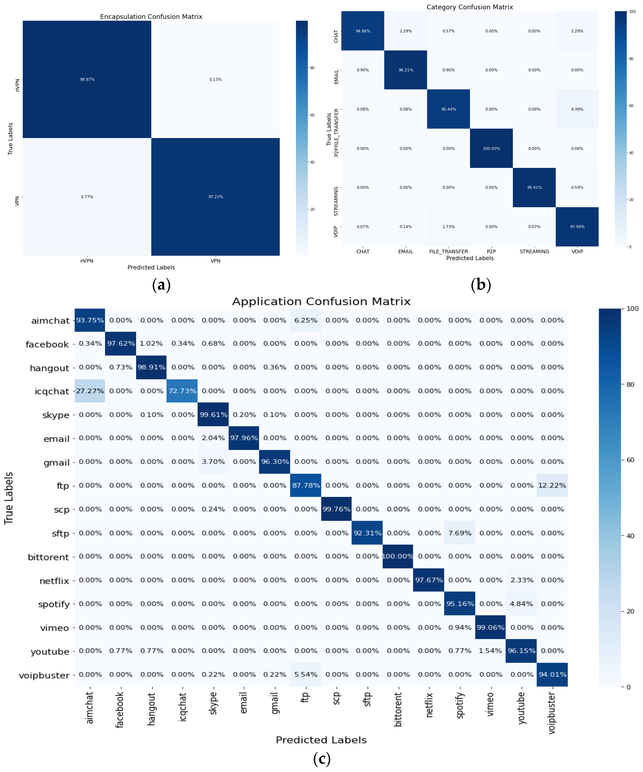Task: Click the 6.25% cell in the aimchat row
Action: click(305, 320)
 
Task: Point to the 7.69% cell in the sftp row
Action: click(460, 533)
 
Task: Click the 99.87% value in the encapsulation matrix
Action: click(87, 79)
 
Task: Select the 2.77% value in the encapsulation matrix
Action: click(87, 197)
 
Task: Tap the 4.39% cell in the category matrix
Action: click(577, 109)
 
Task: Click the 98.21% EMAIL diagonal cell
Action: click(405, 70)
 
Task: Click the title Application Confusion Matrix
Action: click(321, 301)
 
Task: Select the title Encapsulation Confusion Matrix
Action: click(151, 17)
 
